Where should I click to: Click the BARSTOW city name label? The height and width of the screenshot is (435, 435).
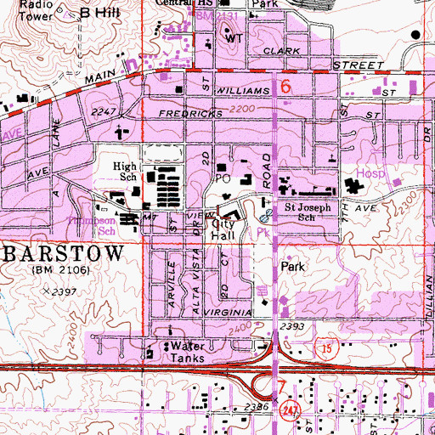pos(63,254)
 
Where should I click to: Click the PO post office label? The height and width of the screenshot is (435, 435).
pos(223,180)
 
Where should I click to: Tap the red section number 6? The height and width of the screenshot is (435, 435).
pos(286,87)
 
